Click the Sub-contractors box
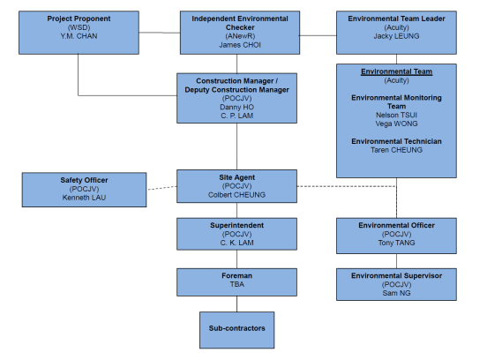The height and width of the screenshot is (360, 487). point(236,330)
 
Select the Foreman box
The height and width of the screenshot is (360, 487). point(236,282)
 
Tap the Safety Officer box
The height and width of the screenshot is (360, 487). point(84,190)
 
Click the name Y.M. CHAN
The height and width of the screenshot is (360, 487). point(79,36)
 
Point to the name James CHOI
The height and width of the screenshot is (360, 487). point(240,45)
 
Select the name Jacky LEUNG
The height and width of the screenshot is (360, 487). point(396,36)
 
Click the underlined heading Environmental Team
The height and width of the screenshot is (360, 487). point(396,71)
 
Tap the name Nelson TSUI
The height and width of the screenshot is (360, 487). point(396,115)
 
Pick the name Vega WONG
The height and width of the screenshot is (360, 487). point(396,124)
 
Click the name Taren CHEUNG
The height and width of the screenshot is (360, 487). point(396,150)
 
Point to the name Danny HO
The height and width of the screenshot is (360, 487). point(236,107)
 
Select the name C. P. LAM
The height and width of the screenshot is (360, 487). point(236,116)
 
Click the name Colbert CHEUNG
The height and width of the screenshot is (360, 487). point(236,195)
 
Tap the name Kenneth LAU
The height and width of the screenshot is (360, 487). point(84,198)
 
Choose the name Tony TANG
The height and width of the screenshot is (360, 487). point(396,243)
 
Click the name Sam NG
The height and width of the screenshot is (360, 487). point(396,293)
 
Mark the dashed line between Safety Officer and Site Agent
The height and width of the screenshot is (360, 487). point(161,188)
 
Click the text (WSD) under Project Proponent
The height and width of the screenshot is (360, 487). point(79,27)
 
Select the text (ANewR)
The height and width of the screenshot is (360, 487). point(240,36)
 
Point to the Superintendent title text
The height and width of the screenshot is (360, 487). point(236,225)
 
